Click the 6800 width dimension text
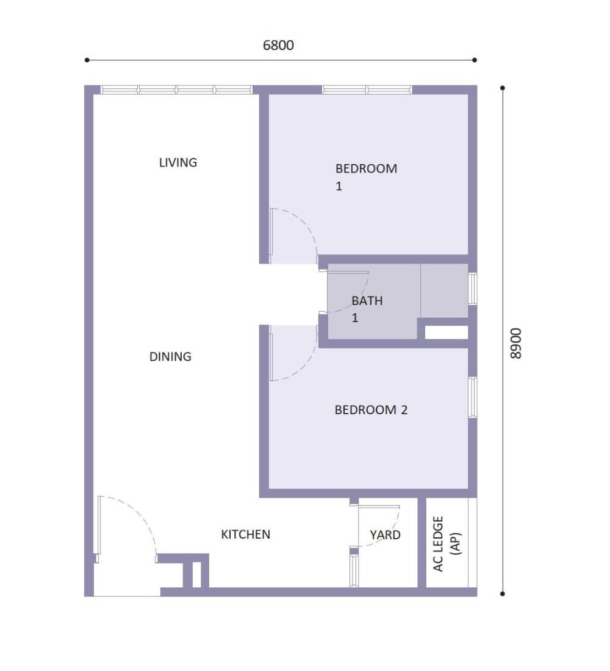278,45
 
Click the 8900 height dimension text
516,343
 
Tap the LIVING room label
178,163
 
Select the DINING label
170,356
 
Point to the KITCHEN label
246,534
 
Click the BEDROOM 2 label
371,410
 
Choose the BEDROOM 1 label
366,177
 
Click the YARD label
386,535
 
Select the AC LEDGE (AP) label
447,544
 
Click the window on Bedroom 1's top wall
367,90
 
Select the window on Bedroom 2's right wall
473,397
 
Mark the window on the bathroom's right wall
473,289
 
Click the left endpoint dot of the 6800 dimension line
87,60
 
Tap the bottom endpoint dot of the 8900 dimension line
503,594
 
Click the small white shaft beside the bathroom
446,332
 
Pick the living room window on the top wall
176,90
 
